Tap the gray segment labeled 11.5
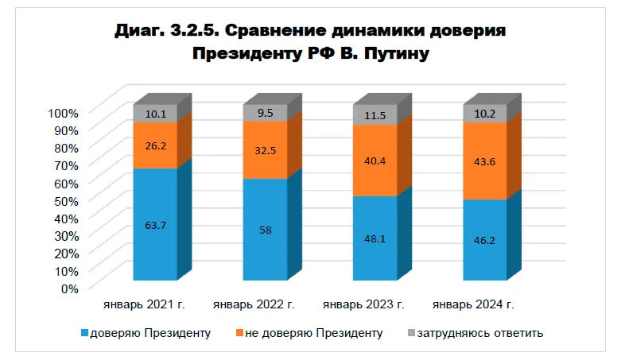(375, 115)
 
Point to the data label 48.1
(375, 237)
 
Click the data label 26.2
(155, 145)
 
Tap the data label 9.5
(265, 113)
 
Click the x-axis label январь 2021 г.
(143, 304)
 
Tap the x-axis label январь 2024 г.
(474, 304)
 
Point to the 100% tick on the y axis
(63, 112)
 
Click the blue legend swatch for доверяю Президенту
(86, 333)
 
